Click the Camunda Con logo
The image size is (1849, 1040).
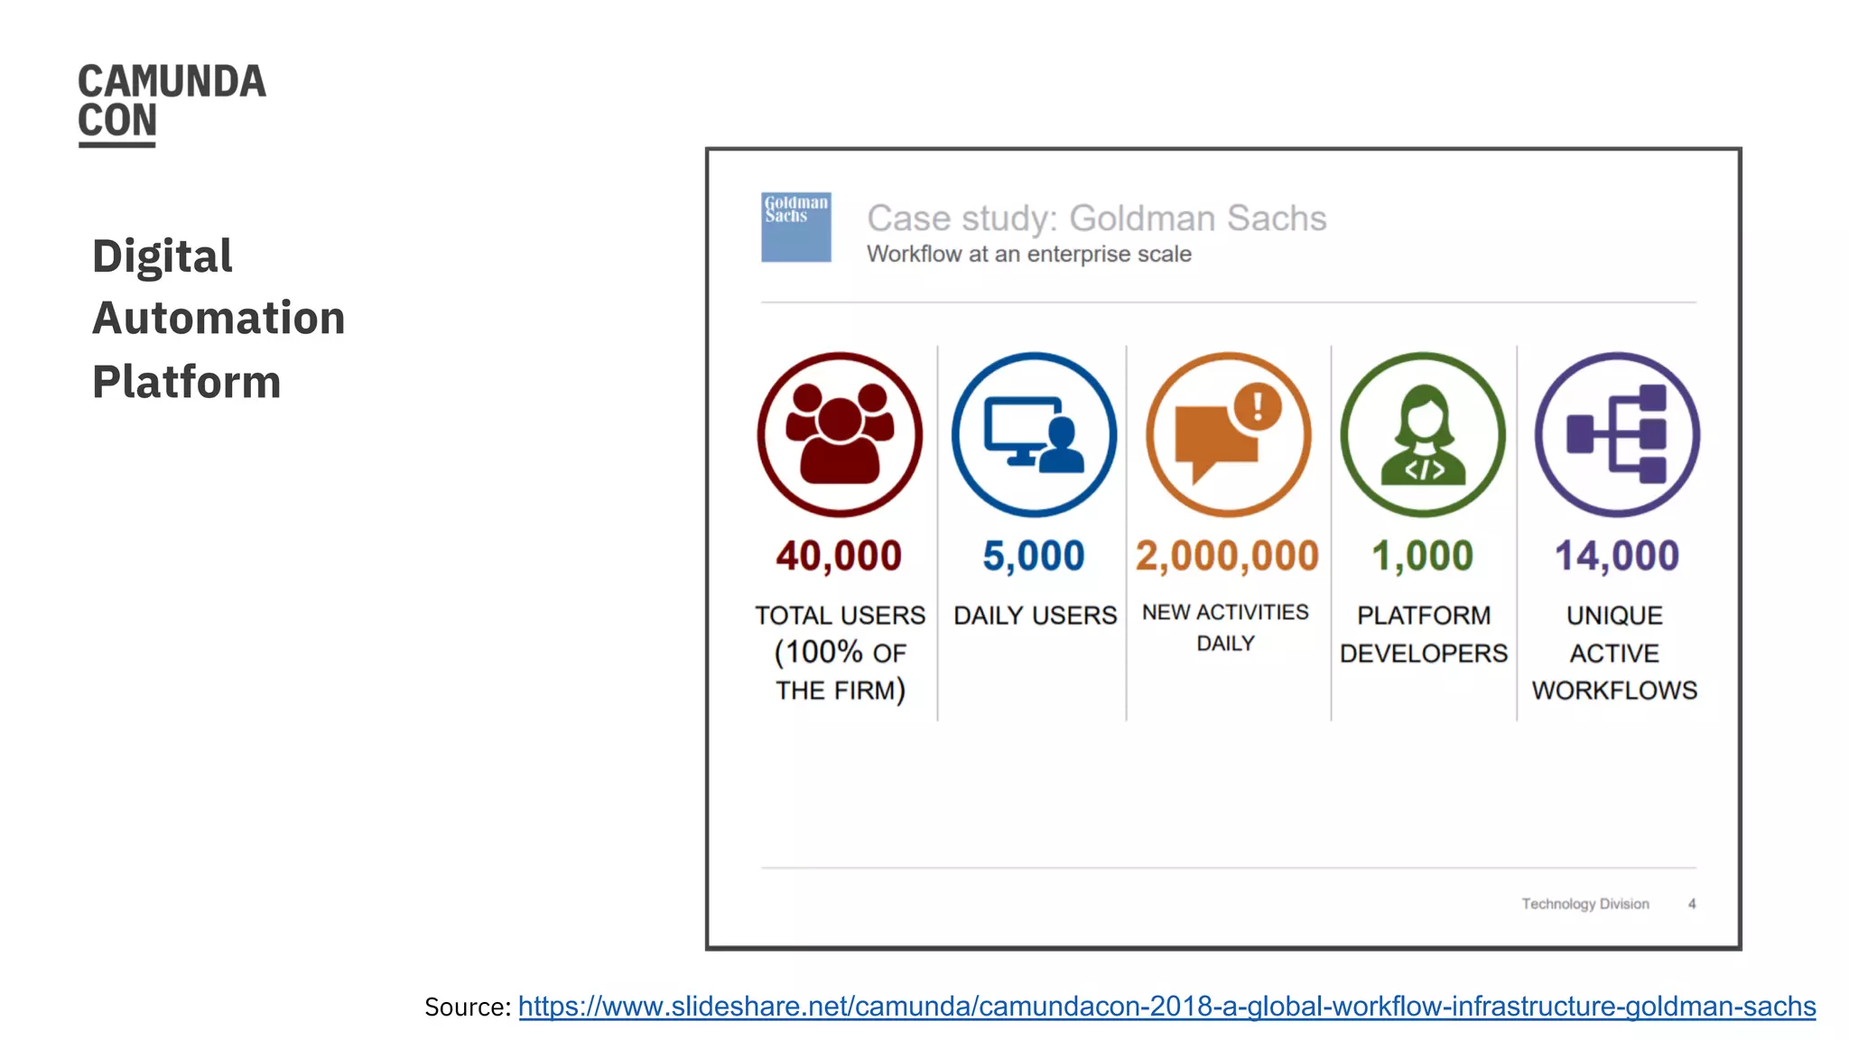click(x=172, y=103)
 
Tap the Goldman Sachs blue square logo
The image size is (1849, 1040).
click(x=795, y=227)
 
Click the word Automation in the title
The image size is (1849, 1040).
click(x=218, y=319)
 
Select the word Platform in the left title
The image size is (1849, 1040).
click(x=187, y=382)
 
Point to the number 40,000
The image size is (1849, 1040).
click(x=839, y=556)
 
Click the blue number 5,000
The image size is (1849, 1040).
click(x=1034, y=556)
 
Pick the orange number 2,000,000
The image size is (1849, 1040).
click(x=1227, y=556)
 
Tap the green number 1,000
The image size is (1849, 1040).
click(x=1423, y=556)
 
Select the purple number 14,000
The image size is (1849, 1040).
click(x=1617, y=556)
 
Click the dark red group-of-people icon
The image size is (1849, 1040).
click(x=840, y=434)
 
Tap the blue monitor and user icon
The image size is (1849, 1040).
click(x=1034, y=434)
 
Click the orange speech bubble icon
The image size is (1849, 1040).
click(x=1228, y=434)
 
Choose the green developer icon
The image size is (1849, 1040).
click(x=1423, y=434)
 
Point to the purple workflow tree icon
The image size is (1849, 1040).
click(x=1617, y=434)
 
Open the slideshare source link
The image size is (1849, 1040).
click(x=1166, y=1007)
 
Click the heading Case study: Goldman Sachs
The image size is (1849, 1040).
click(x=1096, y=218)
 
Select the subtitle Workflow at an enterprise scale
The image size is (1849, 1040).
click(x=1029, y=255)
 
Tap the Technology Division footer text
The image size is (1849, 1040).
click(x=1585, y=904)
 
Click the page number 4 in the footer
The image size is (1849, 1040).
click(x=1692, y=904)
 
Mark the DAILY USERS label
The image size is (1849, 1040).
click(x=1036, y=616)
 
